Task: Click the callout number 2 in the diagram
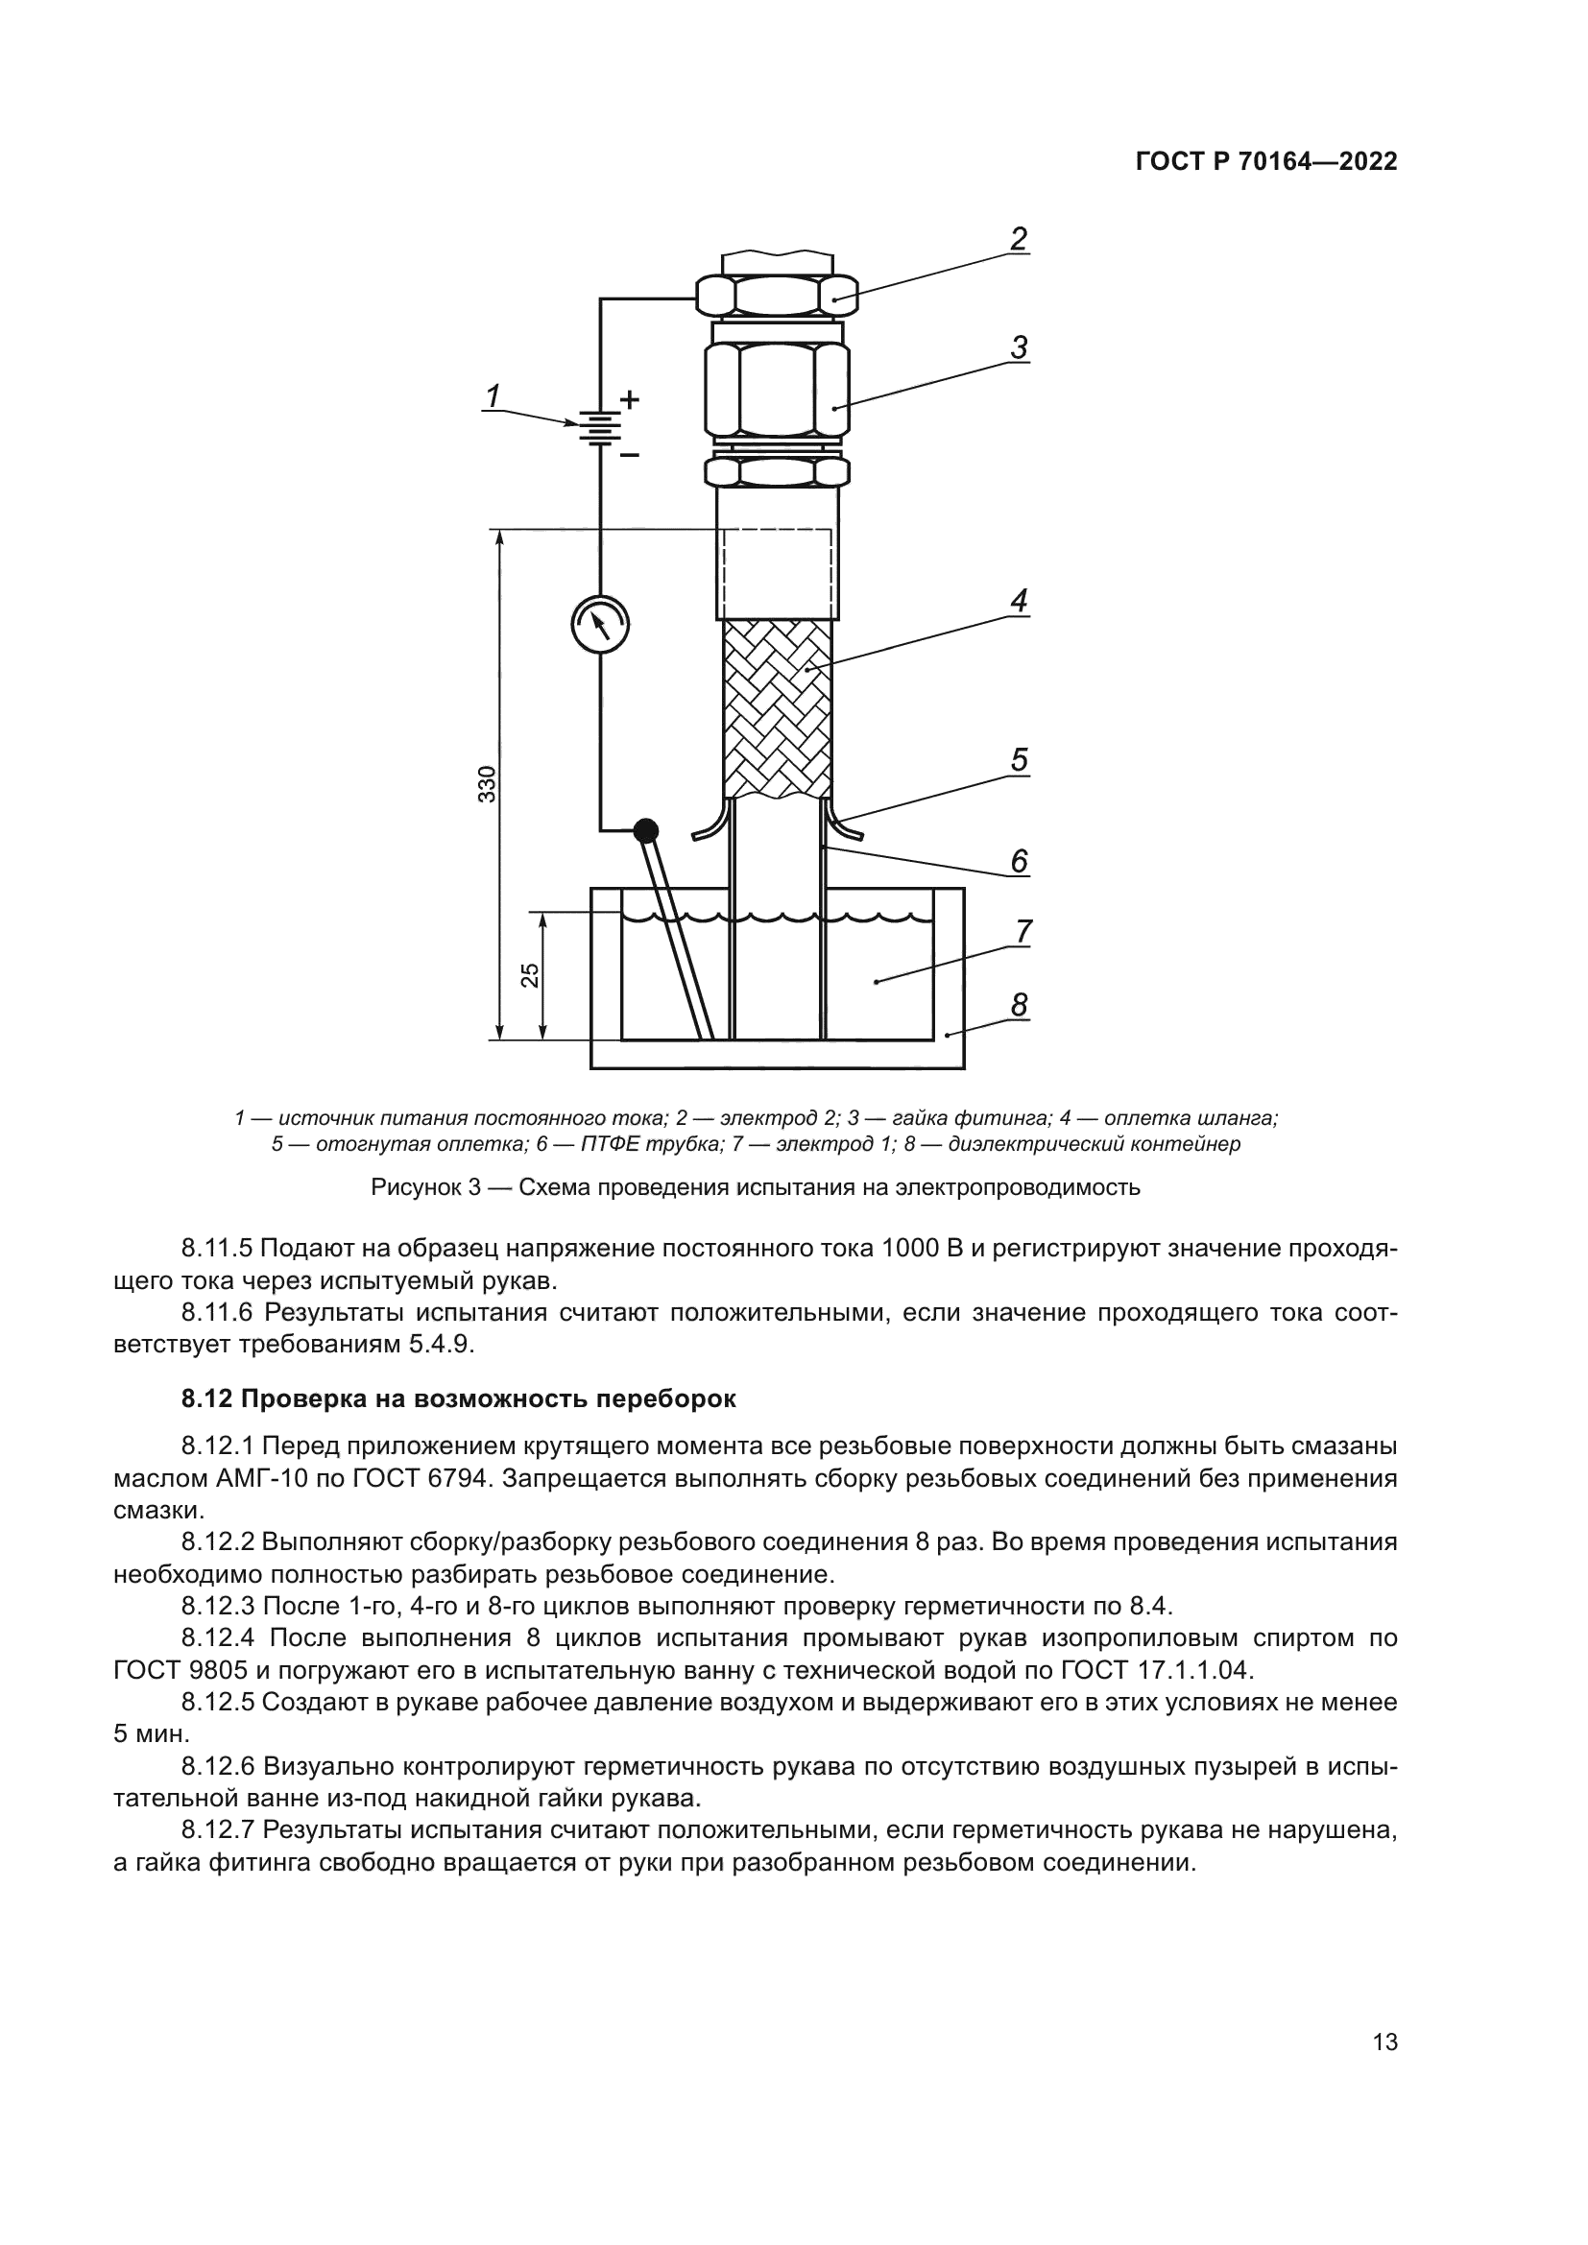[1019, 239]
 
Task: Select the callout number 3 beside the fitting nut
[1019, 348]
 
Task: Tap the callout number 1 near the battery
[493, 396]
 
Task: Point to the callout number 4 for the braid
[1019, 600]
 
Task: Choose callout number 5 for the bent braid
[1019, 760]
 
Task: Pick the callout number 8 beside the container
[1019, 1004]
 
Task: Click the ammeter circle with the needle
[599, 623]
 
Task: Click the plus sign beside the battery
[631, 399]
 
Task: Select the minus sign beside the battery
[631, 456]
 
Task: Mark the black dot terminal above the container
[645, 830]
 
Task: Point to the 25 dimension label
[529, 975]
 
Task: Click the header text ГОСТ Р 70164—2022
[1266, 162]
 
